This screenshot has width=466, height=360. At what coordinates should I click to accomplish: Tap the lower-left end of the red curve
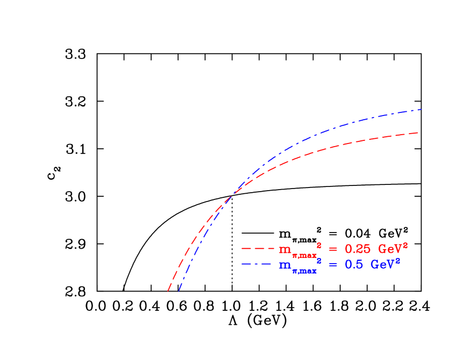pos(168,291)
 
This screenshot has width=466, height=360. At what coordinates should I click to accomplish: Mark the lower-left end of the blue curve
pos(179,291)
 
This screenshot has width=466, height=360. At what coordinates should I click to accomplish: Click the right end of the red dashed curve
pos(418,133)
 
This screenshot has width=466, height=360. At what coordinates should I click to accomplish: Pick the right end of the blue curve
pos(421,109)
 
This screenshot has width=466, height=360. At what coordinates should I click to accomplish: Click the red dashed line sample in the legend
pos(258,249)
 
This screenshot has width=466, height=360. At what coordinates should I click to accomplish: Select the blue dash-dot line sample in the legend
pos(258,265)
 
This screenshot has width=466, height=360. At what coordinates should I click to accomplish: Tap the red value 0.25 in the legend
pos(357,249)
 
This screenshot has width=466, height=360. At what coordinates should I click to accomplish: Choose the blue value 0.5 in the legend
pos(354,265)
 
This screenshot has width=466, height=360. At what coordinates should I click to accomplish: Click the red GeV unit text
pos(391,249)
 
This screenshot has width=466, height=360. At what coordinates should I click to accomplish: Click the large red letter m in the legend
pos(285,250)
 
